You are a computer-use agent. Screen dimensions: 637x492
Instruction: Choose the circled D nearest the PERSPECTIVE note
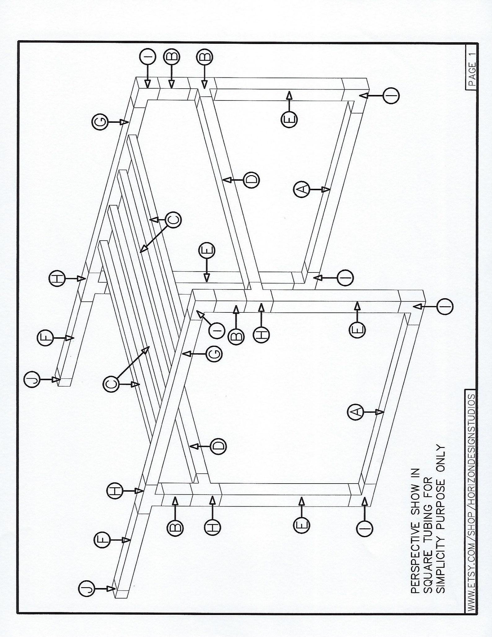tap(218, 446)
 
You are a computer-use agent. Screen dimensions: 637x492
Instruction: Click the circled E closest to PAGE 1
tap(289, 119)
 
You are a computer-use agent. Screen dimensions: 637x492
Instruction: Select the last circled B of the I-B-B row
tap(204, 56)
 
